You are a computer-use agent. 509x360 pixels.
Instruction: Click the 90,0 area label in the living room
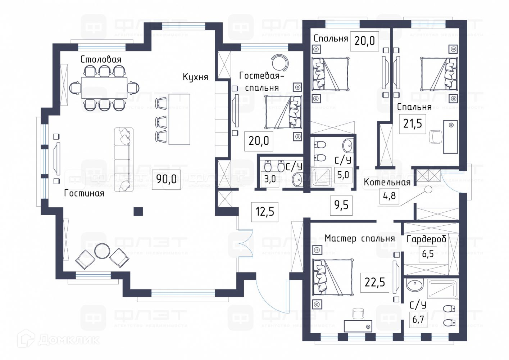coord(167,179)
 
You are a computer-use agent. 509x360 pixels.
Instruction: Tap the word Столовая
coord(101,59)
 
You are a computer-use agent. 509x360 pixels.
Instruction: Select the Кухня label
coord(195,77)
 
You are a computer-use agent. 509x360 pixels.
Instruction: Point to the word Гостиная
coord(84,193)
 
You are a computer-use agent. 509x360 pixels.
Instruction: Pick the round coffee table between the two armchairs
coord(102,251)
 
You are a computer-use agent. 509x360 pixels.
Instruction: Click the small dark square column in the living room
coord(138,211)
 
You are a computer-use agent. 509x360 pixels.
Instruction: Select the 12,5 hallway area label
coord(265,211)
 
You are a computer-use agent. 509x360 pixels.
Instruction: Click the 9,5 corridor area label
coord(341,205)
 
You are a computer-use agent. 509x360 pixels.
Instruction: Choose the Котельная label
coord(387,183)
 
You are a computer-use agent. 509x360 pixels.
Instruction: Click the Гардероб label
coord(427,239)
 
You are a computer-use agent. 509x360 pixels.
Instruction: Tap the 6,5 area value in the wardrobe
coord(428,254)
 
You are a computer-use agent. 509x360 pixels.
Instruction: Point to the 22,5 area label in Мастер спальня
coord(375,282)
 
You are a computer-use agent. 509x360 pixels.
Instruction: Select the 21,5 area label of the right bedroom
coord(413,124)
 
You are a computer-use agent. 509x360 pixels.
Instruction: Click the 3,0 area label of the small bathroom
coord(270,179)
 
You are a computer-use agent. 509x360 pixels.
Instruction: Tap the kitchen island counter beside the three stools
coord(179,120)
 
